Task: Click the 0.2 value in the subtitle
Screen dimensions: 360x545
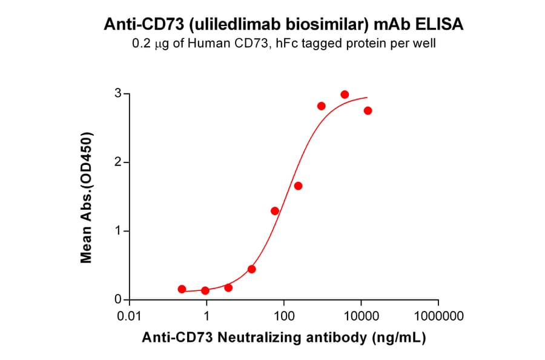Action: pyautogui.click(x=140, y=44)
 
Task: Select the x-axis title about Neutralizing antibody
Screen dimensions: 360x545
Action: pyautogui.click(x=283, y=338)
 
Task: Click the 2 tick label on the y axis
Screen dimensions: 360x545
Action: pyautogui.click(x=119, y=162)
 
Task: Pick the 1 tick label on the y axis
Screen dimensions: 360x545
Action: pyautogui.click(x=119, y=231)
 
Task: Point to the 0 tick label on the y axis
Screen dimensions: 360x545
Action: pyautogui.click(x=119, y=300)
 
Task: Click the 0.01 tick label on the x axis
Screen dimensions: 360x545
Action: pyautogui.click(x=129, y=316)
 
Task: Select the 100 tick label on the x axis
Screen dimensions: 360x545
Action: pyautogui.click(x=283, y=316)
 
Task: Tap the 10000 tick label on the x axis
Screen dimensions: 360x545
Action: pyautogui.click(x=361, y=316)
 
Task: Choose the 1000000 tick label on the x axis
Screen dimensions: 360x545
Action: pyautogui.click(x=438, y=316)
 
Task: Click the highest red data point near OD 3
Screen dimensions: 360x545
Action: pyautogui.click(x=345, y=95)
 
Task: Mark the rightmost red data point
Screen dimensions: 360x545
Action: pyautogui.click(x=368, y=110)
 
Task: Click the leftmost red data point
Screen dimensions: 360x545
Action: pyautogui.click(x=182, y=289)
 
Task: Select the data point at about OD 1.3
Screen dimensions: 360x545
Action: pyautogui.click(x=275, y=211)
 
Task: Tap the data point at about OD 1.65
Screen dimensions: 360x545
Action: pyautogui.click(x=298, y=186)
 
